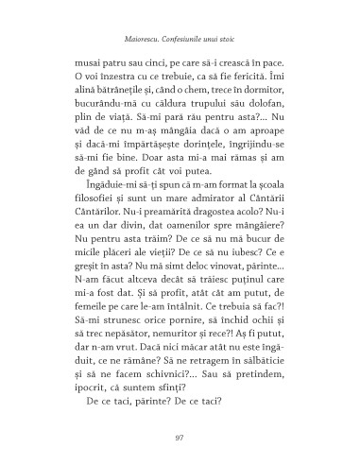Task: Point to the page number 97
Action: (180, 437)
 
